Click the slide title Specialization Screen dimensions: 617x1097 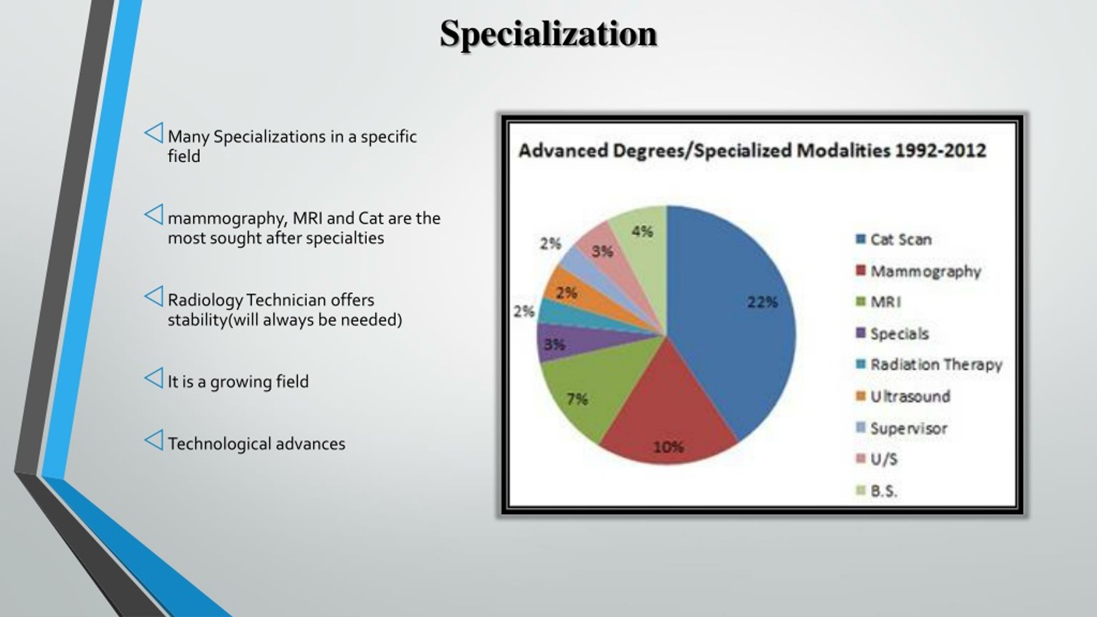pos(548,34)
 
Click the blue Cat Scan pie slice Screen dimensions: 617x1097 pos(728,343)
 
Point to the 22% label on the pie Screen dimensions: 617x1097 pos(762,302)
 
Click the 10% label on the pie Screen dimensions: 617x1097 pos(668,447)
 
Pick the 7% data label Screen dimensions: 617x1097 pos(577,399)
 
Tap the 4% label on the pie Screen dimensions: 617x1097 pos(642,232)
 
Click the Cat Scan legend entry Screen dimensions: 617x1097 pos(900,240)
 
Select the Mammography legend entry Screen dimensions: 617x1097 pos(925,271)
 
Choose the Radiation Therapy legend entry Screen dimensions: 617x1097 pos(935,365)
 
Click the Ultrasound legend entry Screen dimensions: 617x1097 pos(909,396)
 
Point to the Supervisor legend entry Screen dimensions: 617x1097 pos(908,428)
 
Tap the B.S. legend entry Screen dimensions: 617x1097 pos(883,491)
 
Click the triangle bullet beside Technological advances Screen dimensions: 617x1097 pos(154,440)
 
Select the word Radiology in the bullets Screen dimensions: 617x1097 pos(205,300)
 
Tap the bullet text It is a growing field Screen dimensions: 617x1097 pos(238,381)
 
